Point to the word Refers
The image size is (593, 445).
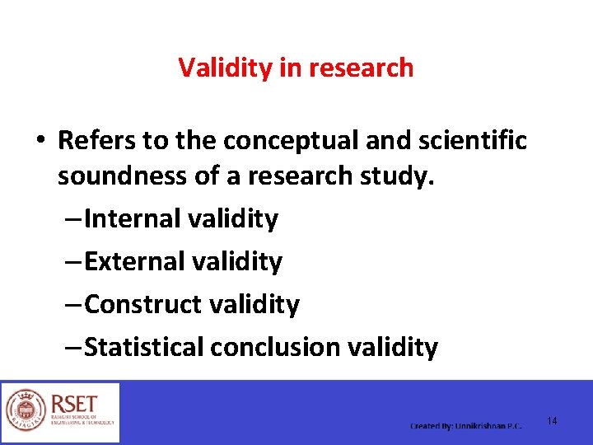click(x=97, y=141)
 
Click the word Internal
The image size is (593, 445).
click(x=133, y=219)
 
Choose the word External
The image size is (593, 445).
click(x=135, y=262)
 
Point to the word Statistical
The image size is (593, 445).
click(x=144, y=348)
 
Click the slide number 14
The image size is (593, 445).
click(x=552, y=421)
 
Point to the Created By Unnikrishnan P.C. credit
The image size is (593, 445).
click(x=466, y=426)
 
